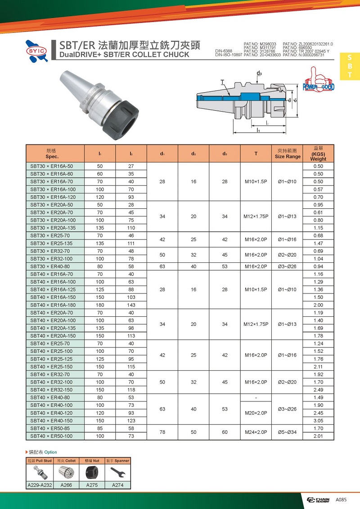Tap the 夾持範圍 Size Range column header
tap(287, 154)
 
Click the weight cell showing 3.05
tap(318, 421)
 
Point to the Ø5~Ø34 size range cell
tap(287, 432)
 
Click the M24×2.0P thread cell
tap(256, 432)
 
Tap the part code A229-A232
tap(40, 485)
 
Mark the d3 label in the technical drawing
tap(259, 73)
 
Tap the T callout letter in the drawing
tap(222, 81)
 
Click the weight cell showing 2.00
tap(318, 305)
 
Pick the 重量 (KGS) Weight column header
tap(318, 153)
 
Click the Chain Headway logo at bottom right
tap(318, 500)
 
